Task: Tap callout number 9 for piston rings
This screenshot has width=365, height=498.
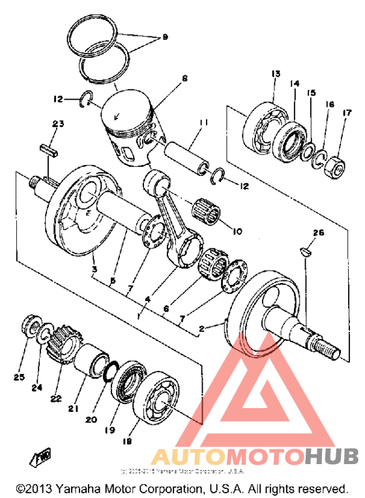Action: click(165, 38)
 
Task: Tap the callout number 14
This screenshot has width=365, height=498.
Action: click(295, 84)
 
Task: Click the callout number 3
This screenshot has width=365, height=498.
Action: click(93, 269)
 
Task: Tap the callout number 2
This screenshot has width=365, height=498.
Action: click(201, 330)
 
